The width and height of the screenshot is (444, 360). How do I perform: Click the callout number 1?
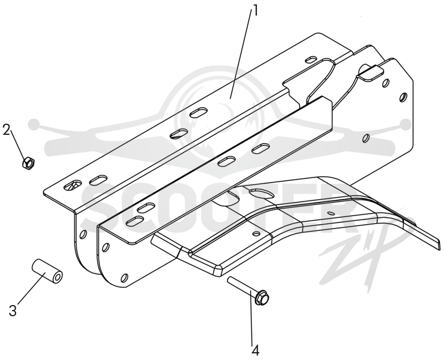point(255,11)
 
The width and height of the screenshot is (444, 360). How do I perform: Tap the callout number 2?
point(7,130)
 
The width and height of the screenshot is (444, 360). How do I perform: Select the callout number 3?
point(13,311)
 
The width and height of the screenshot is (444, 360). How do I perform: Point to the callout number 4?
point(255,351)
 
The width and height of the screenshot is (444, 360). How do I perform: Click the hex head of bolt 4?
point(262,297)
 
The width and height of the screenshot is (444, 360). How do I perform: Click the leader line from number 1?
point(241,53)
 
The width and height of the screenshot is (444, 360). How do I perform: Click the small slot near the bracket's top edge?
point(311,60)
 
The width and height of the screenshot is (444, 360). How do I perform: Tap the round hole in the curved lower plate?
point(256,234)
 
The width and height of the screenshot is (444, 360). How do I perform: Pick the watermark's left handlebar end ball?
point(34,123)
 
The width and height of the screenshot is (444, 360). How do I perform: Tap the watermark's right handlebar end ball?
point(406,123)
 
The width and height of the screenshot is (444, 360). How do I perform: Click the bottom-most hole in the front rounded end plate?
point(124,278)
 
